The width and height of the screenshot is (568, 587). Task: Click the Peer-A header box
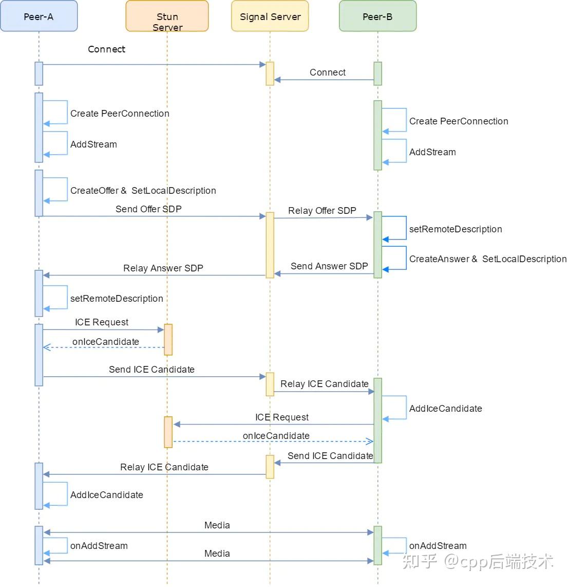click(39, 16)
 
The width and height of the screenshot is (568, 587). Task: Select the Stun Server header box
click(167, 16)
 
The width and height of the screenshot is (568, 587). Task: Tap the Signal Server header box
click(270, 16)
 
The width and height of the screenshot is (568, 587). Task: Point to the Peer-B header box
click(377, 16)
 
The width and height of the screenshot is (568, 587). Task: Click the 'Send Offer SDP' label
click(148, 209)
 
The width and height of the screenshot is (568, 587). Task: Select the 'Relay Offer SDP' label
click(322, 211)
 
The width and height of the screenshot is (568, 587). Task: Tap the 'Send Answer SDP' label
click(329, 266)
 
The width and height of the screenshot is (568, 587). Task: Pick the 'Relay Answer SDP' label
click(163, 268)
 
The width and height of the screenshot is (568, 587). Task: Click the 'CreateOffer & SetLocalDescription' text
click(143, 191)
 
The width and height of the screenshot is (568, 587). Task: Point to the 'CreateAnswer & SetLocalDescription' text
click(487, 259)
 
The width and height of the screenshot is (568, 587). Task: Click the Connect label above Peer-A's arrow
click(106, 49)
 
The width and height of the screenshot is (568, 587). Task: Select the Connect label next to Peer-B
click(327, 72)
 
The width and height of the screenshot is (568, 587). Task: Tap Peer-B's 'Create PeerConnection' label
click(458, 121)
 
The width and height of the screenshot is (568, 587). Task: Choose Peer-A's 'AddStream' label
click(93, 144)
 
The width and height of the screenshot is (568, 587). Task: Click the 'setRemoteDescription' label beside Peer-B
click(455, 229)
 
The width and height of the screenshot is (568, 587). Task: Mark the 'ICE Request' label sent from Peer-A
click(102, 322)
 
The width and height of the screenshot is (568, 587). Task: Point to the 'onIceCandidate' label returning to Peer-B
click(276, 436)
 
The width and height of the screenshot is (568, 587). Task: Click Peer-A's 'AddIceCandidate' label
click(106, 495)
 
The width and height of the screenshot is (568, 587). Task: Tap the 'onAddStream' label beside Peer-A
click(99, 546)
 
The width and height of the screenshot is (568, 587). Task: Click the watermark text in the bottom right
click(478, 561)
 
